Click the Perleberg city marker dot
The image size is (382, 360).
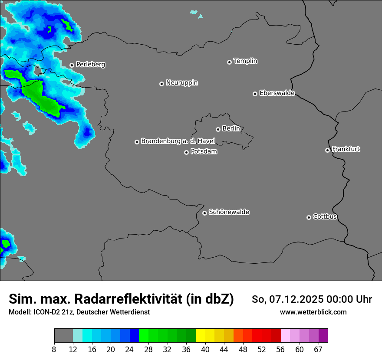[x=72, y=65]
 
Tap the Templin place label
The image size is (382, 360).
[x=245, y=61]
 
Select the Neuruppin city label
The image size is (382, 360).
[x=181, y=82]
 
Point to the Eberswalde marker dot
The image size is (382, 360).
[x=255, y=94]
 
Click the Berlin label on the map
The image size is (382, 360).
[x=231, y=128]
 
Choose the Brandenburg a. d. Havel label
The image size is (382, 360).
[x=178, y=141]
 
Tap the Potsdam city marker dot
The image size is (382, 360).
[x=186, y=152]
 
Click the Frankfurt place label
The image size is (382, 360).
[x=346, y=149]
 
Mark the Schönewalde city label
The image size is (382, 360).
[x=229, y=212]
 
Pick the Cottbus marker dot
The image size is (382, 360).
[x=309, y=217]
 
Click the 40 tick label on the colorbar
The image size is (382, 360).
[x=205, y=349]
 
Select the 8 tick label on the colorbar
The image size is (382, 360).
[x=54, y=349]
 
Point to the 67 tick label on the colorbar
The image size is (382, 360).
[x=318, y=349]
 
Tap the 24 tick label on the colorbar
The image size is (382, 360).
[x=129, y=349]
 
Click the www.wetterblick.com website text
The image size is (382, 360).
[x=313, y=312]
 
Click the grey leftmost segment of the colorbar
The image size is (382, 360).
[x=63, y=336]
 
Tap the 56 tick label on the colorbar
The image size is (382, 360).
[x=280, y=349]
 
